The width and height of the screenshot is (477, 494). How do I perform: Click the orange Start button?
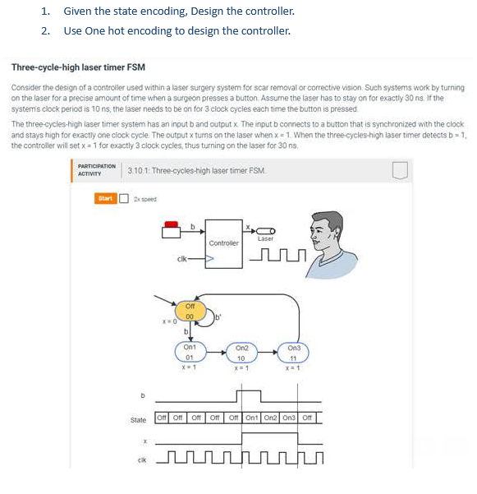105,197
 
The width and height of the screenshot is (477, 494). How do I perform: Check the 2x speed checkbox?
124,197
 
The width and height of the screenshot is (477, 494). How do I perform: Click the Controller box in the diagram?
223,242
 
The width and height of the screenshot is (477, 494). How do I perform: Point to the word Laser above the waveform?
265,238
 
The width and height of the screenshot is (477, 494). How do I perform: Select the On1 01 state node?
189,353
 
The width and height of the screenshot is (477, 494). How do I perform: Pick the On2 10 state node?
242,353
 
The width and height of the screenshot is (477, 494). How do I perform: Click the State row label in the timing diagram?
138,420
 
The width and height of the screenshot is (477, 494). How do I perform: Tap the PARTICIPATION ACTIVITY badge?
96,170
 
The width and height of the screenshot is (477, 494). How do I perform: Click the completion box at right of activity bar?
399,170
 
